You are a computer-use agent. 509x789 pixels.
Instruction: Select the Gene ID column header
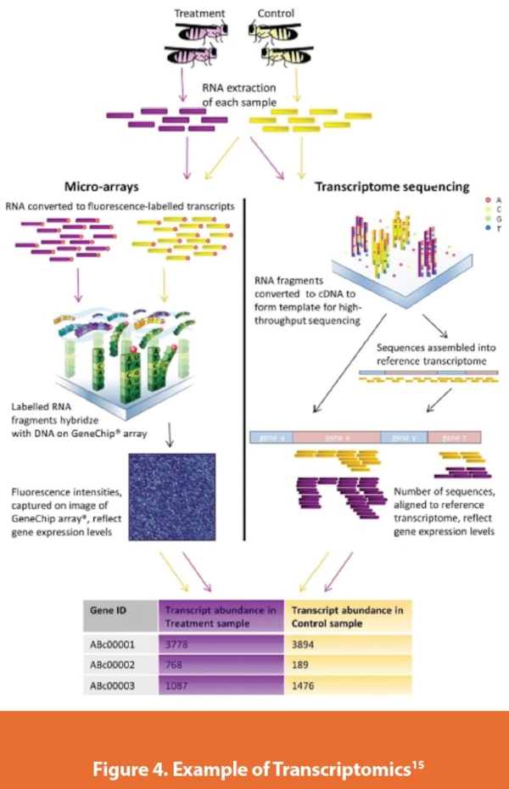pyautogui.click(x=108, y=610)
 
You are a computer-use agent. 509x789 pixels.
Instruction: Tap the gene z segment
pyautogui.click(x=454, y=437)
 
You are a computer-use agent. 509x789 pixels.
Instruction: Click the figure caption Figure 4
pyautogui.click(x=254, y=749)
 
